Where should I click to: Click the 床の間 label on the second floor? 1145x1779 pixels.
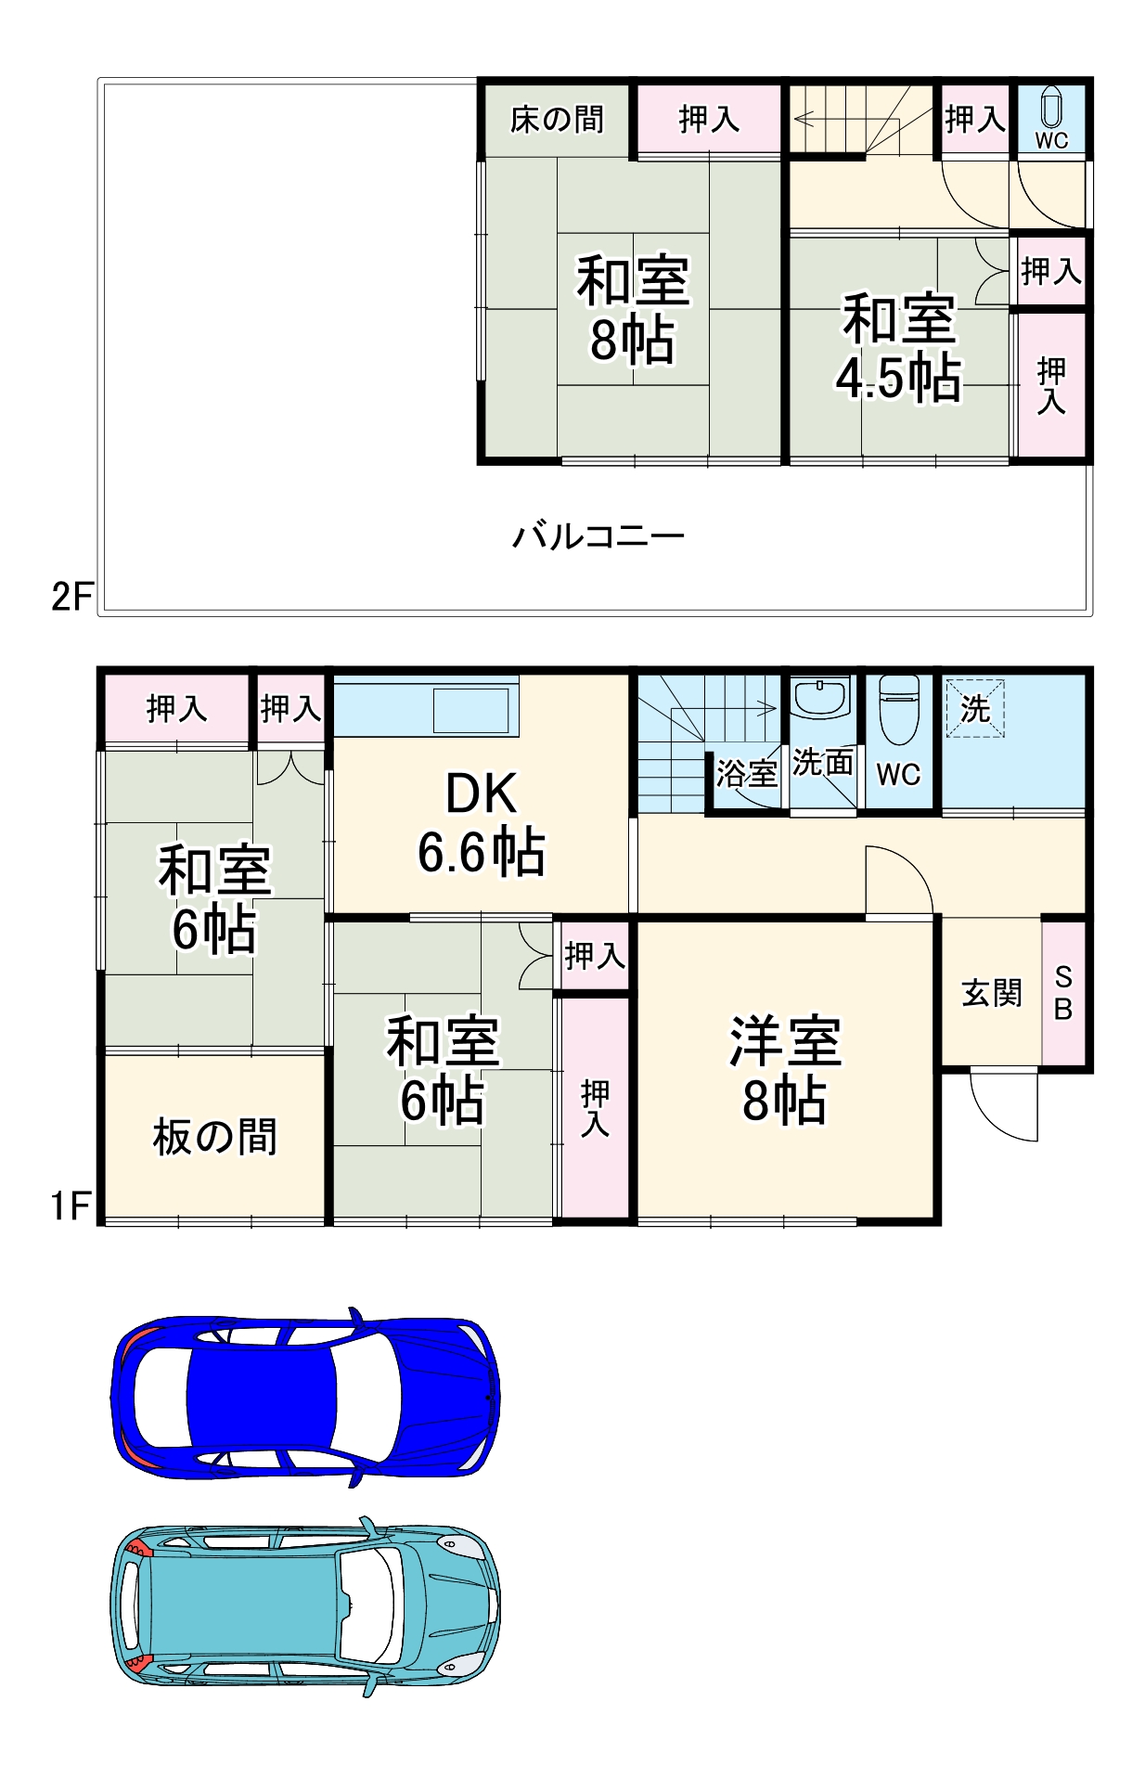pos(557,119)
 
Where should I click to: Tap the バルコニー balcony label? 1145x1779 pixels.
pos(598,536)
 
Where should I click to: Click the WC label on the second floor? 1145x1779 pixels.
pos(1051,140)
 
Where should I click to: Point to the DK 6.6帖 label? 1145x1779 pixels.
pos(481,823)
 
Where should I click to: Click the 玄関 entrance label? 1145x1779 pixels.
pos(991,993)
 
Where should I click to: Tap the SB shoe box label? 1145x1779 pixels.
pos(1063,993)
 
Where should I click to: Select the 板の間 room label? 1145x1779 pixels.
pos(214,1136)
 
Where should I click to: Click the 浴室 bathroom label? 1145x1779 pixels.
pos(746,773)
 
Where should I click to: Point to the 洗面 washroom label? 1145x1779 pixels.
pos(822,763)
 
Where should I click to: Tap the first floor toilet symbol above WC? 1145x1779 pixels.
pos(898,709)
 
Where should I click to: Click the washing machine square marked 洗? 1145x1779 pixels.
pos(974,708)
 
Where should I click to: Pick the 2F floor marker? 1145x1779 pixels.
pos(71,596)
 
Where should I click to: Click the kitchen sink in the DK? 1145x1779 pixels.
pos(471,710)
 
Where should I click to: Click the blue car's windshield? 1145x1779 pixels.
pos(367,1397)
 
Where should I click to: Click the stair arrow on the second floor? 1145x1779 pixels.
pos(804,119)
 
